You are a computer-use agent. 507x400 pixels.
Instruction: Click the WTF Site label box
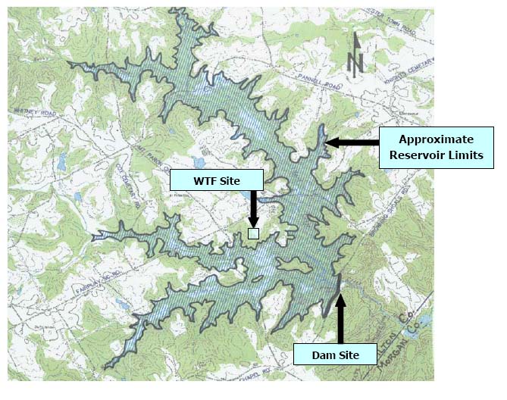click(216, 180)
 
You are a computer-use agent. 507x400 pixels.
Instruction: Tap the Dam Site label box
click(333, 354)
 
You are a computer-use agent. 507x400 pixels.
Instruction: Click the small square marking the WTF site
click(254, 233)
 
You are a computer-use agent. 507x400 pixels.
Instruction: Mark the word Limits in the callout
click(462, 156)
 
